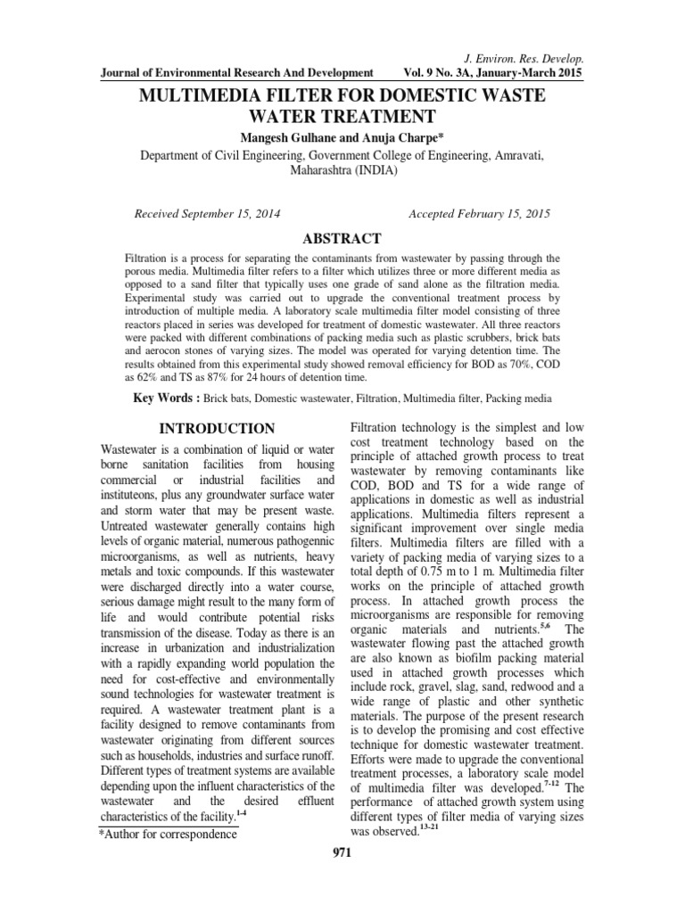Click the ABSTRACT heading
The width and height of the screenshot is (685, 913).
[342, 239]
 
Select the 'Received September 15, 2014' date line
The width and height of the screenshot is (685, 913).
[206, 215]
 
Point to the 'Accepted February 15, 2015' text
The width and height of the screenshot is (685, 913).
[479, 215]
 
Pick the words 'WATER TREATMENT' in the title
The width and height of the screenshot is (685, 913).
[342, 117]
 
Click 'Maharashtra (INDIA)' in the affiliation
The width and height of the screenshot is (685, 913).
[342, 170]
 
